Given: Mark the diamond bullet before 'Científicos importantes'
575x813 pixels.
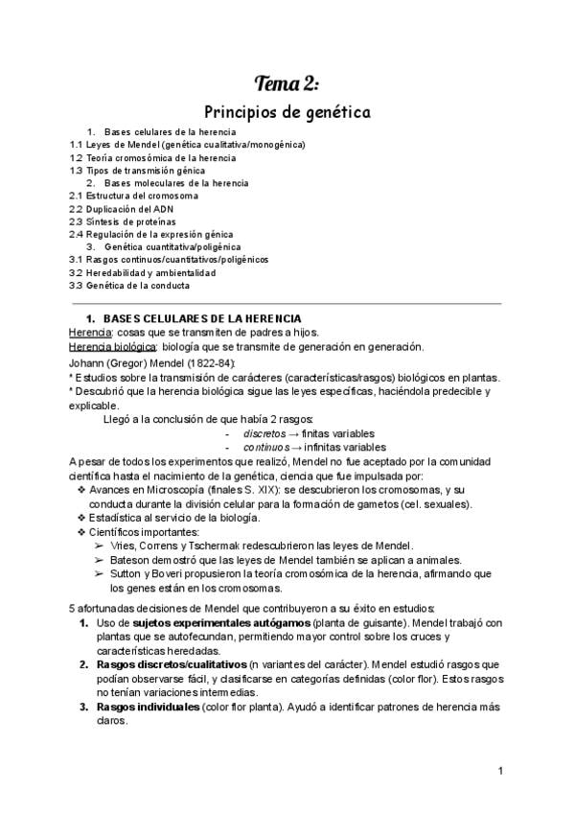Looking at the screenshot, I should (80, 532).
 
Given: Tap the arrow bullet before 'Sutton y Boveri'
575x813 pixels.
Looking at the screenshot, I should (102, 574).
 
